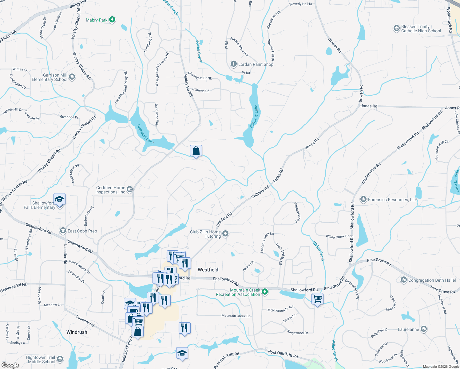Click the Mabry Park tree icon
coord(113,20)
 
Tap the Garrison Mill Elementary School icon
coord(72,77)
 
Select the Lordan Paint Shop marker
coord(234,64)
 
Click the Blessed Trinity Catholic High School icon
coord(396,29)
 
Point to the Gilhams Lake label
coord(254,116)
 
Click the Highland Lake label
coord(145,134)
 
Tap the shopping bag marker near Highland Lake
coord(196,151)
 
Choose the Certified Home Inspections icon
coord(130,189)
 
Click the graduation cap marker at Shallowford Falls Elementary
coord(59,199)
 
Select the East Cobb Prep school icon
coord(63,231)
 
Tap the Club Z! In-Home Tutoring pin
coord(225,234)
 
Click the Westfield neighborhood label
coord(208,270)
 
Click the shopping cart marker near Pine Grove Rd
coord(317,299)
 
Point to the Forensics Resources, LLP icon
coord(363,199)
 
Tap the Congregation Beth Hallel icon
coord(403,280)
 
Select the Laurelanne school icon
coord(424,329)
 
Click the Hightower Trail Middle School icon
coord(60,359)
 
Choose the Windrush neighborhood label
coord(77,332)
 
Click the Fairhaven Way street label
coord(297,212)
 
